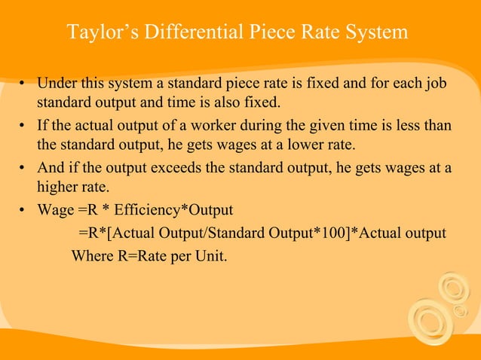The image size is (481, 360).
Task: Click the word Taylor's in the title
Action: point(98,33)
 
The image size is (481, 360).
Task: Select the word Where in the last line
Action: point(90,255)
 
